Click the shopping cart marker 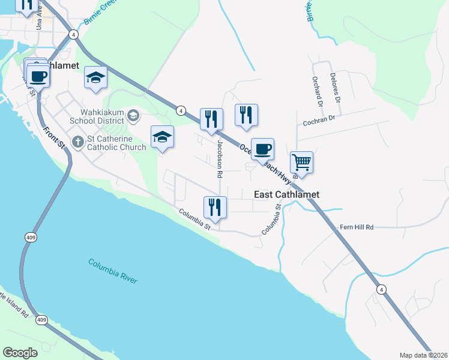tap(301, 161)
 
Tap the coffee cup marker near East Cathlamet tap(262, 149)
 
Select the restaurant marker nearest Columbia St tap(215, 208)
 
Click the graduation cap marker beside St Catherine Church tap(162, 137)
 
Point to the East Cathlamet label tap(286, 194)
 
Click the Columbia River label tap(112, 271)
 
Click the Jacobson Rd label tap(220, 158)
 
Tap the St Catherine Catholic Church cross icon tap(77, 142)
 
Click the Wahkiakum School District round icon tap(133, 115)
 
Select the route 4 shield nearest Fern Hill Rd tap(381, 289)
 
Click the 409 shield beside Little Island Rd tap(41, 320)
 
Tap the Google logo tap(20, 353)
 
